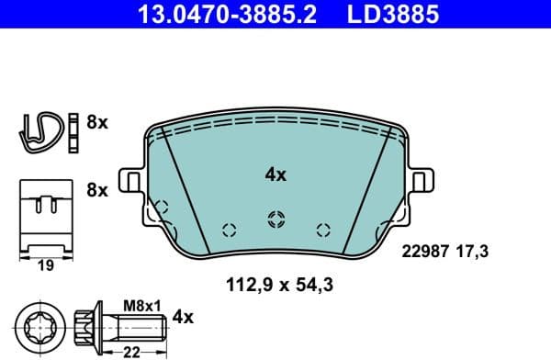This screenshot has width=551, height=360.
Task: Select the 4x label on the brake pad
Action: click(x=276, y=174)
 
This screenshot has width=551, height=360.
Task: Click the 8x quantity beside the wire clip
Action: click(x=96, y=122)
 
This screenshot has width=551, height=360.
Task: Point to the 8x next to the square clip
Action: click(x=96, y=190)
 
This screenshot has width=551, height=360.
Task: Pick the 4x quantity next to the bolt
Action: click(x=184, y=318)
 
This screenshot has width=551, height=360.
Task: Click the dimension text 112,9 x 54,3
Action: click(x=279, y=285)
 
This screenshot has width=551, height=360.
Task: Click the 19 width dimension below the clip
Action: click(x=43, y=265)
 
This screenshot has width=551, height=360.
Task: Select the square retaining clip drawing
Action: click(x=43, y=212)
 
